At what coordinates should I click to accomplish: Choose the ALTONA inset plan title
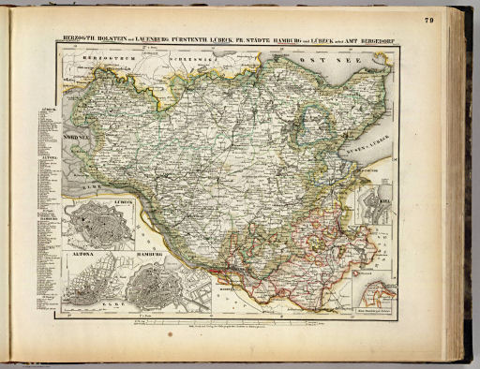(78, 254)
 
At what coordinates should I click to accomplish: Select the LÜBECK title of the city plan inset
(122, 202)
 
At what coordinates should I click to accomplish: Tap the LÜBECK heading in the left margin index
(49, 109)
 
